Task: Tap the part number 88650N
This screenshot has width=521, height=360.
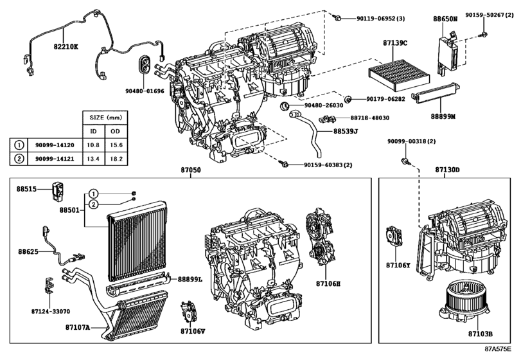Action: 445,20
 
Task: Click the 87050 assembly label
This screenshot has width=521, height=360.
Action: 191,170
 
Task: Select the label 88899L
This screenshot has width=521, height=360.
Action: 190,280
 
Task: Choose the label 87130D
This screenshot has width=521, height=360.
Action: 447,170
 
